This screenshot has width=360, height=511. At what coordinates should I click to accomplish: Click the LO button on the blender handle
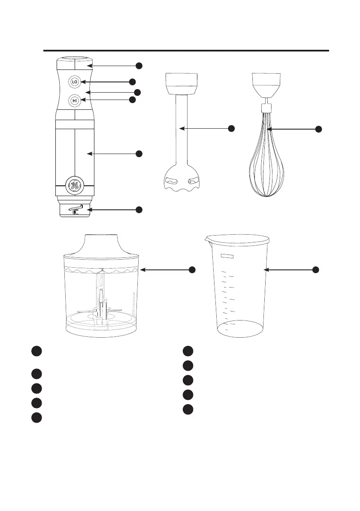(75, 82)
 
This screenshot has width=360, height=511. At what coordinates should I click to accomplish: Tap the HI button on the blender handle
(75, 101)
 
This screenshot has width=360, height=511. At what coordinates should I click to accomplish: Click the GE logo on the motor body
(75, 186)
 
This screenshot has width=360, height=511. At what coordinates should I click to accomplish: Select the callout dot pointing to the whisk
(319, 130)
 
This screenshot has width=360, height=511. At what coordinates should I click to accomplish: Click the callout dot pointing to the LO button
(132, 82)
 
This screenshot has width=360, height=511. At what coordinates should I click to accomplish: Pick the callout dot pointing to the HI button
(132, 100)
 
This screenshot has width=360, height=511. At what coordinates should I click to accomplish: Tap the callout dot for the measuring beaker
(315, 269)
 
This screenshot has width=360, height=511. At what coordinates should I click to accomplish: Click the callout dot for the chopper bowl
(192, 269)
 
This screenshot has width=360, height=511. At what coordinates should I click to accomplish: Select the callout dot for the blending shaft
(231, 128)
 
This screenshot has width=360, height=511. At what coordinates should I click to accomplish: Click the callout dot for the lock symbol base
(139, 209)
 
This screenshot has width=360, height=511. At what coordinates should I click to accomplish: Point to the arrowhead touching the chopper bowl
(143, 269)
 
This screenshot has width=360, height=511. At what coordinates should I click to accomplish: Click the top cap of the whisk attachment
(266, 84)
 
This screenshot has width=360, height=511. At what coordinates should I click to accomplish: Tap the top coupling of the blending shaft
(182, 83)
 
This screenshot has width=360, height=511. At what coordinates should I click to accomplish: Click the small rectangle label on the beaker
(228, 256)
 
